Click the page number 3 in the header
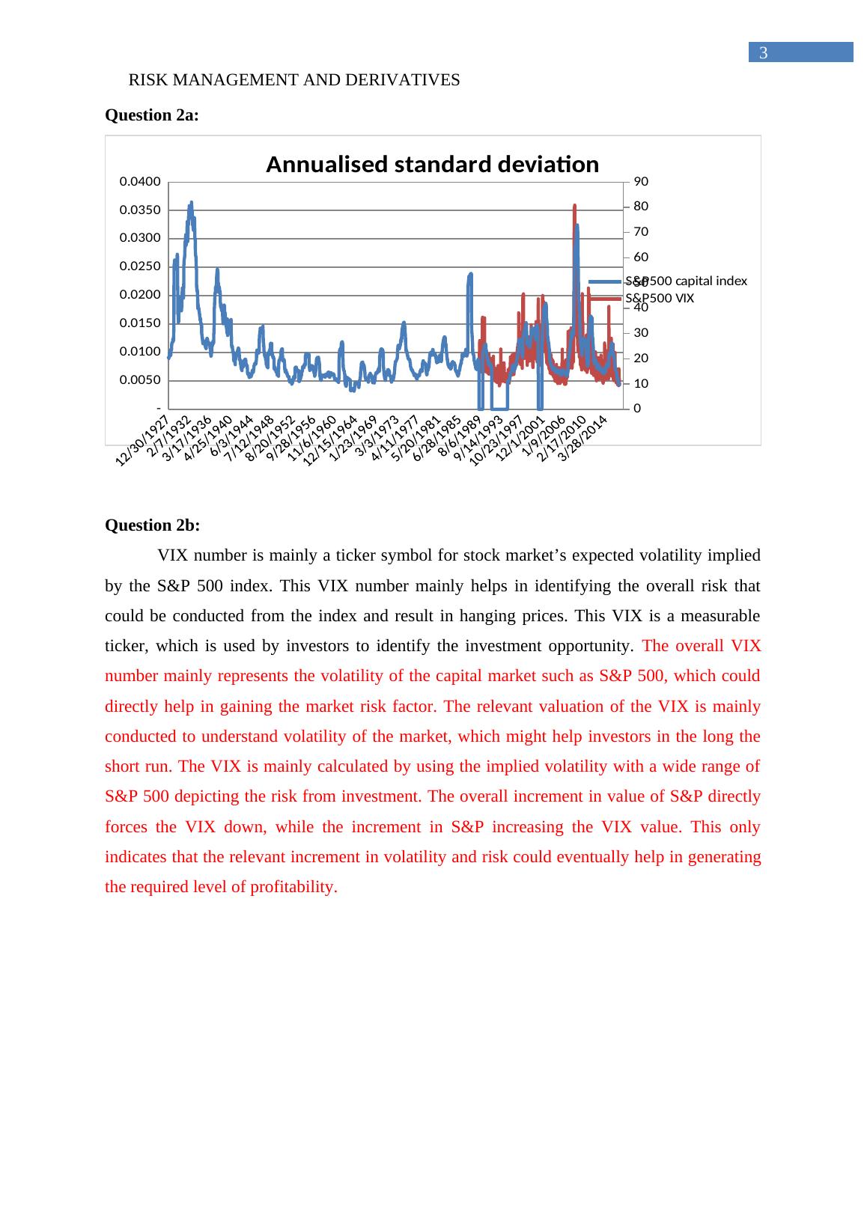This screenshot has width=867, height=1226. pos(763,52)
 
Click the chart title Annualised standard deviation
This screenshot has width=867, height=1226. pos(432,165)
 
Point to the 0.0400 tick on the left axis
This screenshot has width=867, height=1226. pos(140,182)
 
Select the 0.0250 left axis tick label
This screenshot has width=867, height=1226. pos(140,267)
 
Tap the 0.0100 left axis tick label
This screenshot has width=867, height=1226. pos(140,353)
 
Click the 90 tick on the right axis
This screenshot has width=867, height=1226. pos(641,182)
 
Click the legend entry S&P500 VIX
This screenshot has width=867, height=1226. pos(660,299)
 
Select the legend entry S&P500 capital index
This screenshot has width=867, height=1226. pos(686,281)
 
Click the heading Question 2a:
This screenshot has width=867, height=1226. pos(152,115)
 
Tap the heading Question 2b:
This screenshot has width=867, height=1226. pos(152,525)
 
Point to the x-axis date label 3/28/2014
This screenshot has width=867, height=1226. pos(585,436)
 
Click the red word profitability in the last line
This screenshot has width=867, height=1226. pos(290,888)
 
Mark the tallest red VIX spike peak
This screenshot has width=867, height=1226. pos(574,205)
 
